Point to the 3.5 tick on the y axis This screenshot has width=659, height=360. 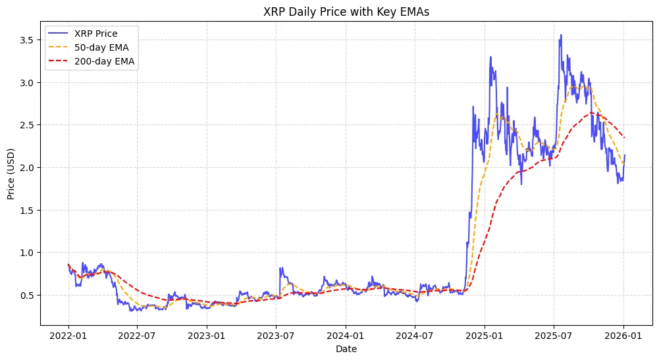pos(26,39)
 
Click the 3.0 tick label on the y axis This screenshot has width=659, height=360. pos(26,82)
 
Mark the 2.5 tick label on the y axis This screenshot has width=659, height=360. pos(26,125)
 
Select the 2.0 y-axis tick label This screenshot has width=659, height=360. pos(26,167)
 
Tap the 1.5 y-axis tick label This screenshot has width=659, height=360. pos(26,210)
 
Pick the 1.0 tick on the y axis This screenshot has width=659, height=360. pos(26,253)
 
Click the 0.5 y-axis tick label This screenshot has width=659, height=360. pos(26,295)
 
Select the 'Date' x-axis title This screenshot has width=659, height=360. pos(346,349)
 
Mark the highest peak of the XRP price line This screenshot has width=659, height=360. pos(561,35)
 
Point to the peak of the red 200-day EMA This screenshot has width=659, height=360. pos(593,113)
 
